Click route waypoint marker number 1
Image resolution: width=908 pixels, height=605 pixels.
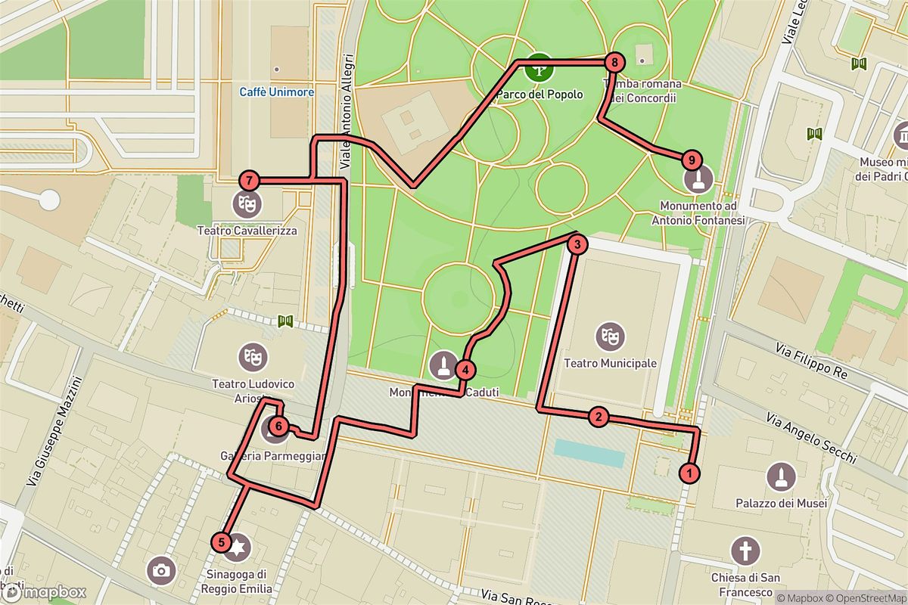click(689, 473)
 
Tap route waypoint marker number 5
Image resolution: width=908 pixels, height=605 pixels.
click(220, 541)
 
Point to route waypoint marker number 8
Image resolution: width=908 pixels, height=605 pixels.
click(615, 63)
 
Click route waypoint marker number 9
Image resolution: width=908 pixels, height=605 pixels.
click(690, 160)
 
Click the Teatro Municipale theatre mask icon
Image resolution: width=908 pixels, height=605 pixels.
click(610, 336)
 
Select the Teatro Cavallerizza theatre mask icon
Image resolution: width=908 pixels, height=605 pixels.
click(247, 203)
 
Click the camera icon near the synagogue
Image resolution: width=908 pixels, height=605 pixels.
click(160, 571)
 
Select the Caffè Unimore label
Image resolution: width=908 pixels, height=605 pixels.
click(276, 92)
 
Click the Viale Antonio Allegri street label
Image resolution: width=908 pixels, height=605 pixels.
click(347, 110)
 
